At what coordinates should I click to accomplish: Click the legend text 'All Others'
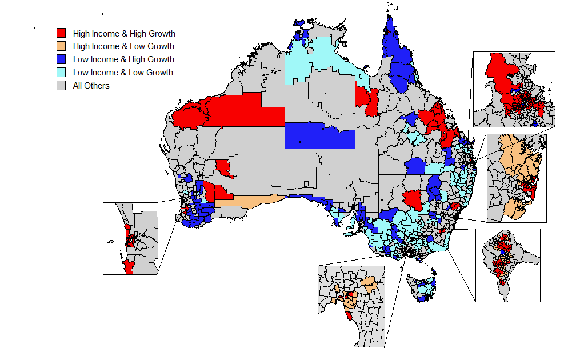(x=91, y=86)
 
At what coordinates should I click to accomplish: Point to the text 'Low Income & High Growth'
(x=123, y=59)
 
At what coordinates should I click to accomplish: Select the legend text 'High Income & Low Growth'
(x=123, y=46)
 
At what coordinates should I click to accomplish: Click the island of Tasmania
(x=420, y=286)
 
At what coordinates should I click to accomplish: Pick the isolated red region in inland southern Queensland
(x=413, y=200)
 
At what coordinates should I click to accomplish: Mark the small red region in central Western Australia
(x=223, y=168)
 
